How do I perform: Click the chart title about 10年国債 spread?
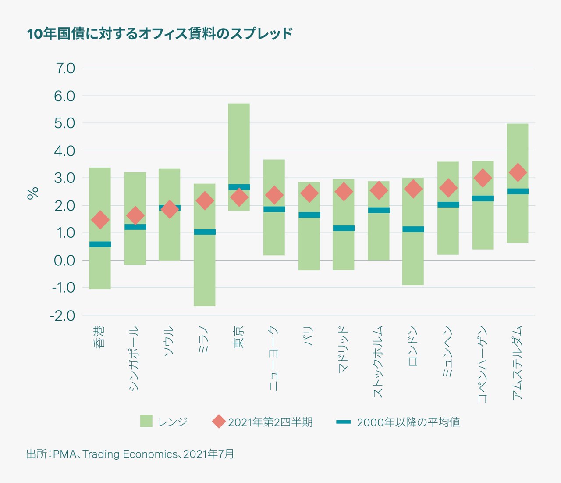tap(160, 34)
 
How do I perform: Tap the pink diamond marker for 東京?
tap(239, 197)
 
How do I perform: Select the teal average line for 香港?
tap(100, 244)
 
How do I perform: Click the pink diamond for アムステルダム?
tap(518, 172)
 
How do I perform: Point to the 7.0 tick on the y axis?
tap(64, 68)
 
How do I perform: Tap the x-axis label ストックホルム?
tap(378, 362)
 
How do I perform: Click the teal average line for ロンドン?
tap(413, 229)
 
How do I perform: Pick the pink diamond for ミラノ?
tap(204, 201)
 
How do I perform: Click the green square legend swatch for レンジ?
tap(146, 421)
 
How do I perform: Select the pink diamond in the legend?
tap(219, 422)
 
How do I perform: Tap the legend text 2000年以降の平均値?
tap(408, 422)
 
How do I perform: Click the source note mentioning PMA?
tap(130, 454)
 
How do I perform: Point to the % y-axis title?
tap(33, 193)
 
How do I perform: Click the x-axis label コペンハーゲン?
tap(482, 364)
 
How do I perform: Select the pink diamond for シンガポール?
tap(135, 215)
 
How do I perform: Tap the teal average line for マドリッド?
tap(344, 228)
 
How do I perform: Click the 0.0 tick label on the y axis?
tap(64, 261)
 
